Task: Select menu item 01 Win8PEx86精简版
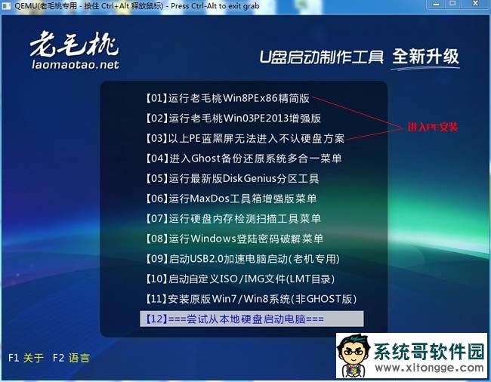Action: (x=227, y=98)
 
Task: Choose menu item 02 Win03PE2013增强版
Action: (x=233, y=119)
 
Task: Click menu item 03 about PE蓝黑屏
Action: (x=246, y=138)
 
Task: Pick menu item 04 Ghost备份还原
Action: (x=244, y=159)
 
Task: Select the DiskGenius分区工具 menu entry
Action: (x=233, y=178)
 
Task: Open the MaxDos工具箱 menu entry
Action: (x=231, y=199)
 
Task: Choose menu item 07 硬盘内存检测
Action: (x=233, y=218)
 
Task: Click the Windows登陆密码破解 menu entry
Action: (x=234, y=239)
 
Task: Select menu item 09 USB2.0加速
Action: (x=242, y=259)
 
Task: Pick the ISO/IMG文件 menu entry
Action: (x=240, y=279)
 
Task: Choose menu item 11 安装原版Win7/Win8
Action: (x=251, y=299)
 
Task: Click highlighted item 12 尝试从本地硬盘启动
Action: (x=252, y=319)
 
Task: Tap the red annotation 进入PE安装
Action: (x=433, y=127)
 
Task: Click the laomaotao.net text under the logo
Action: (x=76, y=65)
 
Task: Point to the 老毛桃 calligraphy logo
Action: (x=74, y=44)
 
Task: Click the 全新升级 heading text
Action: (x=425, y=57)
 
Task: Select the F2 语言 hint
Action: (x=71, y=358)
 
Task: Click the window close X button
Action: (x=475, y=4)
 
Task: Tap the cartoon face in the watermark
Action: (x=354, y=354)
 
